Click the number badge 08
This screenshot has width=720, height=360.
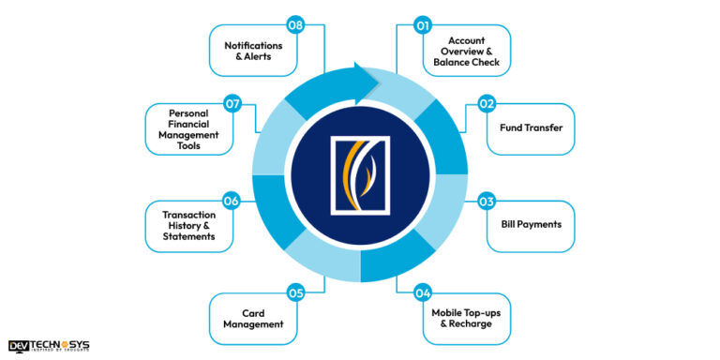click(x=296, y=26)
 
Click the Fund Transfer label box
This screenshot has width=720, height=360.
click(x=531, y=128)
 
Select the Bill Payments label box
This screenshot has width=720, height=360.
click(x=531, y=226)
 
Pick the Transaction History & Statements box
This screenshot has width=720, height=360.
click(x=187, y=226)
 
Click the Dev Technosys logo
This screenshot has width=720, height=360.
click(x=49, y=345)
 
